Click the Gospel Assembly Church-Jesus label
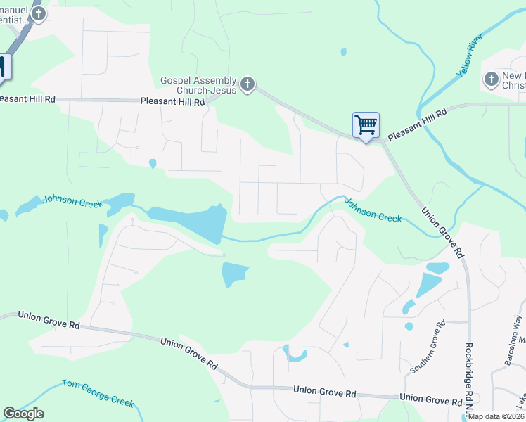pos(198,85)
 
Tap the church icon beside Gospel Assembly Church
pos(247,85)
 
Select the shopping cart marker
pos(366,126)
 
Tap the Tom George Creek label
pos(98,392)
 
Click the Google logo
pos(24,414)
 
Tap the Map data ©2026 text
pos(496,416)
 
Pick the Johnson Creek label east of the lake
pos(373,210)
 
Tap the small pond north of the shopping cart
pos(342,51)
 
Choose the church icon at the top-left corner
pos(39,13)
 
